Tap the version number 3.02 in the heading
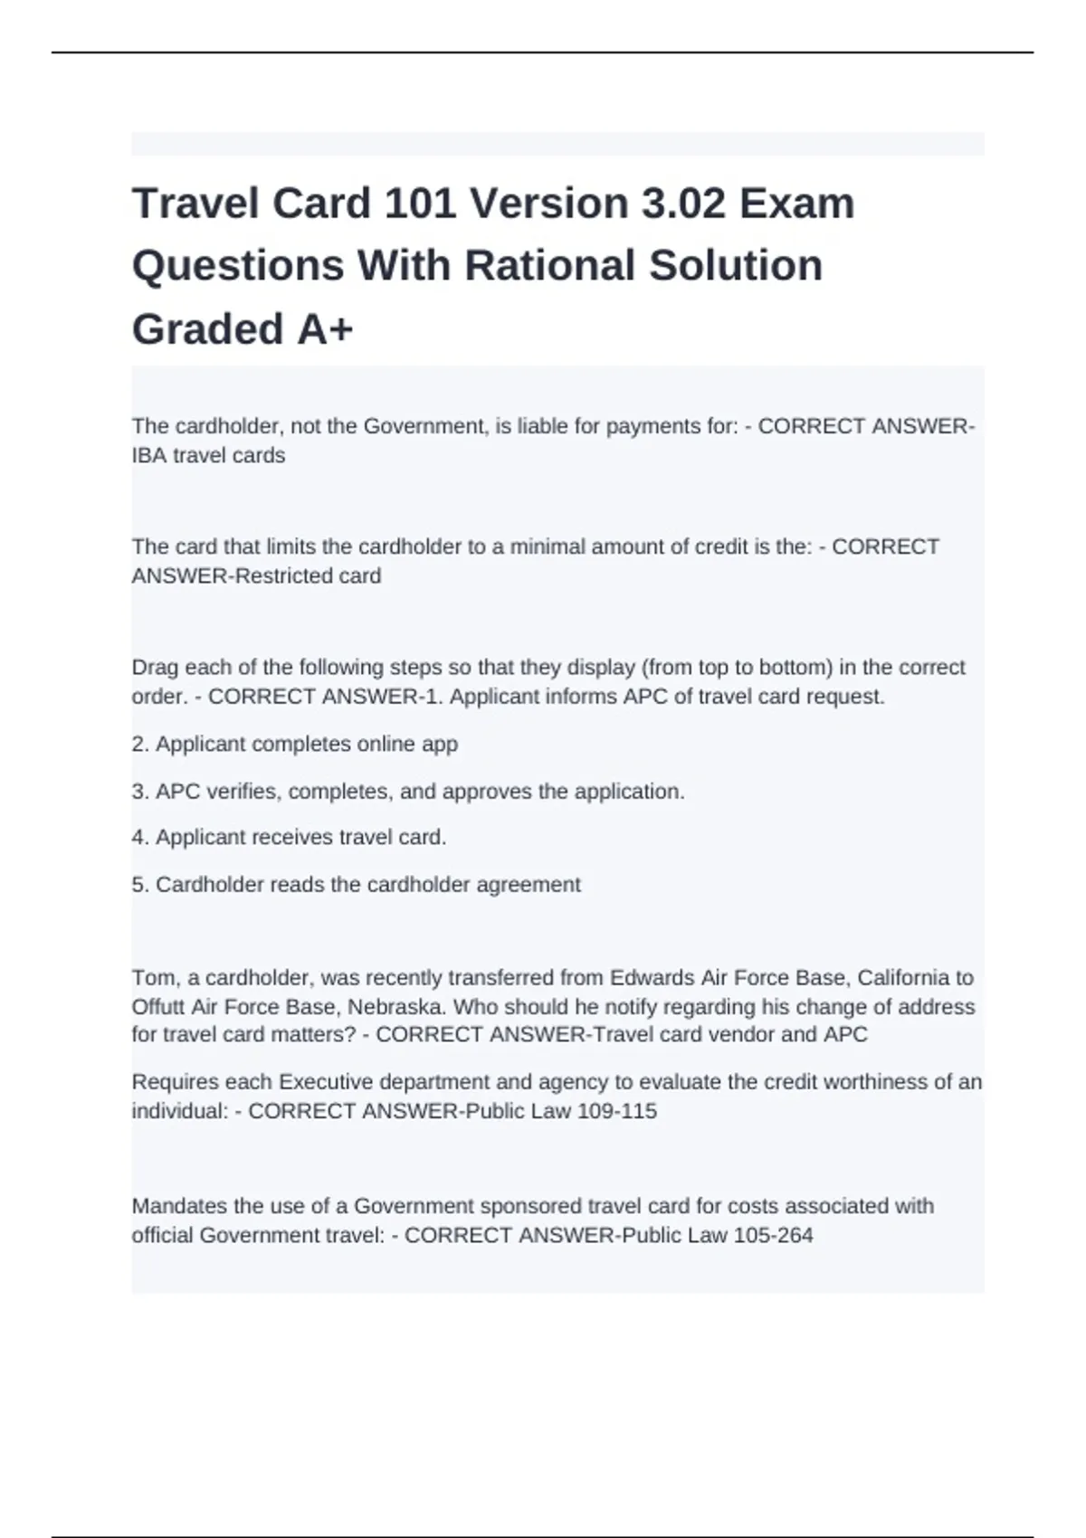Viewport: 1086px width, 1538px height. (683, 204)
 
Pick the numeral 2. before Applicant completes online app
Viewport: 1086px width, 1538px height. (140, 744)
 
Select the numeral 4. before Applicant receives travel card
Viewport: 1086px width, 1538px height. (140, 838)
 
